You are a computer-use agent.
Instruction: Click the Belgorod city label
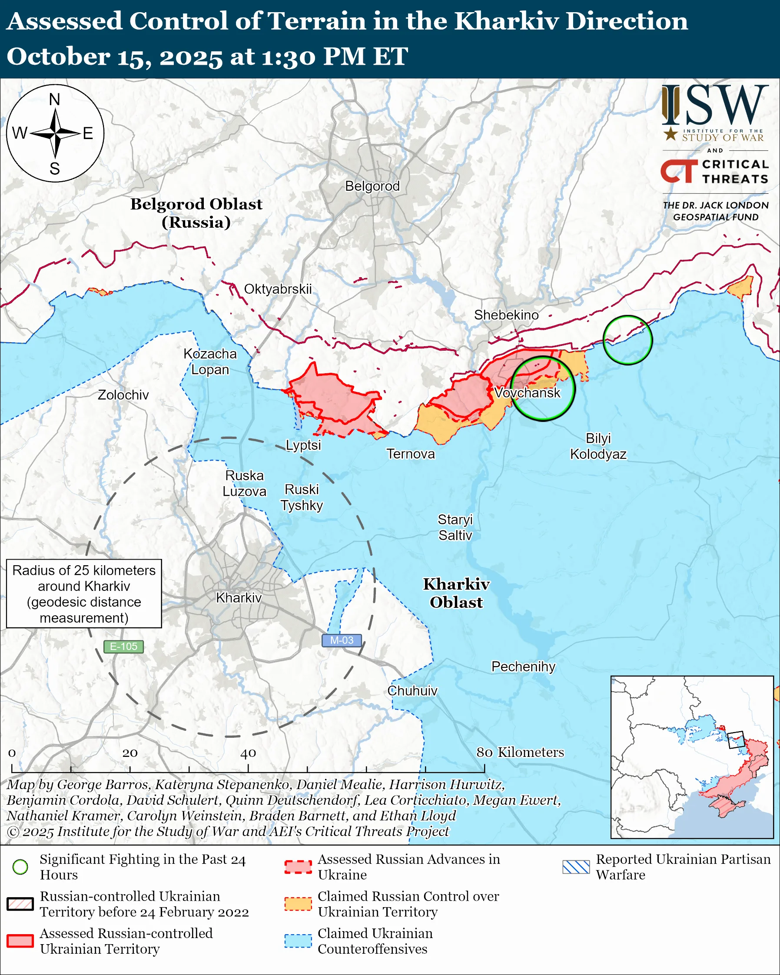click(372, 186)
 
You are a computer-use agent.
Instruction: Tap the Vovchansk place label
click(527, 392)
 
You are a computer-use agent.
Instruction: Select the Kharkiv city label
click(239, 598)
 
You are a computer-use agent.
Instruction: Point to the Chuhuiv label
click(412, 690)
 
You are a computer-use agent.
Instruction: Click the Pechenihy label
click(523, 667)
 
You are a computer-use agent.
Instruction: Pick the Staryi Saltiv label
click(455, 527)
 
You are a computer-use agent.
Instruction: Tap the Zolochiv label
click(123, 395)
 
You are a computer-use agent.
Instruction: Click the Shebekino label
click(506, 315)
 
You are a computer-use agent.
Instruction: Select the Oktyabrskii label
click(278, 289)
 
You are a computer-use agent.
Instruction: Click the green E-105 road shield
click(123, 647)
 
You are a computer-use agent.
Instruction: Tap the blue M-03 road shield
click(342, 640)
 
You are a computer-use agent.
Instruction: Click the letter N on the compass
click(55, 99)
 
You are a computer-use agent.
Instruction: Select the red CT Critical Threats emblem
click(679, 171)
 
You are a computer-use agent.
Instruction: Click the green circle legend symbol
click(20, 867)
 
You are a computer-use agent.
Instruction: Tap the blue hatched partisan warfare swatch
click(576, 867)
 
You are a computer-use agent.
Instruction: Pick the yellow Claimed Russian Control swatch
click(298, 904)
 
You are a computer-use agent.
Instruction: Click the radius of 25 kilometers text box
click(84, 594)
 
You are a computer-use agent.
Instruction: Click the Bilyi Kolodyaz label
click(598, 446)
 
